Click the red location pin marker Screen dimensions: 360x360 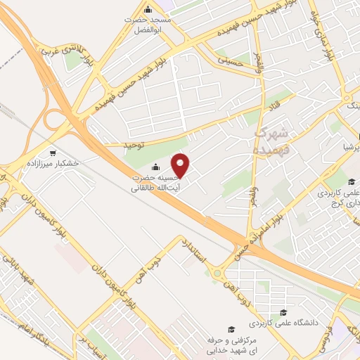(x=181, y=165)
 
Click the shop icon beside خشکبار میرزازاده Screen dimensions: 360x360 (x=53, y=153)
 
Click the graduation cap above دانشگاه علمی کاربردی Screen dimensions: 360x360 (x=283, y=314)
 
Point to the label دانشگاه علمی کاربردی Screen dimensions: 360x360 (x=281, y=324)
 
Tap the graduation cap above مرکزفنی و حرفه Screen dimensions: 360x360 (x=230, y=329)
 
